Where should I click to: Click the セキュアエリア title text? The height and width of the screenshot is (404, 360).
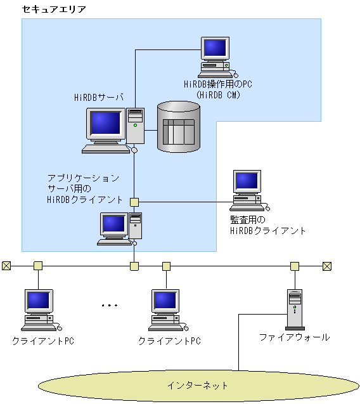click(54, 9)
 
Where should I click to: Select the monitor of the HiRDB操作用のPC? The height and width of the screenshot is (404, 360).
click(215, 48)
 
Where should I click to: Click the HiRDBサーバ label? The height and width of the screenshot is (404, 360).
click(98, 97)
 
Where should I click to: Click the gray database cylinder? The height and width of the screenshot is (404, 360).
click(178, 126)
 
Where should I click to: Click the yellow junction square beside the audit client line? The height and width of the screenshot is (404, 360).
click(134, 202)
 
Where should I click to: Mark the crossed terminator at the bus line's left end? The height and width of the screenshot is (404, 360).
click(6, 266)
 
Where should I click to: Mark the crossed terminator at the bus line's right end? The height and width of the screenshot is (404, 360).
click(327, 266)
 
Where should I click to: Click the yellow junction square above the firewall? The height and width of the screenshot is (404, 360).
click(294, 266)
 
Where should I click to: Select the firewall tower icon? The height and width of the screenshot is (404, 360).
click(294, 309)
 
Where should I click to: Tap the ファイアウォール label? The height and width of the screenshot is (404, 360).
click(294, 337)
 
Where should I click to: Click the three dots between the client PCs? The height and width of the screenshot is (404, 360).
click(110, 306)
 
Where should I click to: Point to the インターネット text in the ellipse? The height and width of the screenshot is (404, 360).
click(197, 385)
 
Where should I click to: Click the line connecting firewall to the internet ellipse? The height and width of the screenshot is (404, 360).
click(239, 342)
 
